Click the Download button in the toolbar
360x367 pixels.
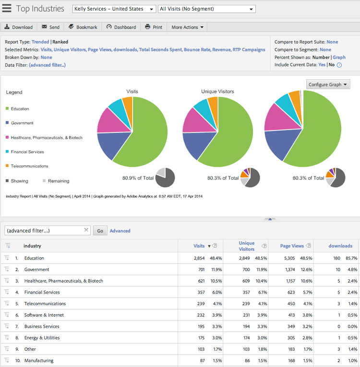18,27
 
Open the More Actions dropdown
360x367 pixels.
187,27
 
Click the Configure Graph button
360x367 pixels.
328,84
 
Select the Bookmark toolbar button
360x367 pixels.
83,27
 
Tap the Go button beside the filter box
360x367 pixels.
100,231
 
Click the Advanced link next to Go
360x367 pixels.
120,231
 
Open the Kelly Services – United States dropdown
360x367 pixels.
114,9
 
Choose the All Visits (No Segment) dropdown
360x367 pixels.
206,9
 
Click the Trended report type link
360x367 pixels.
40,42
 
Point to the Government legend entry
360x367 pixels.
22,123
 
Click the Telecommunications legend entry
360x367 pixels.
29,166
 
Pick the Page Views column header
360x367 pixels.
292,246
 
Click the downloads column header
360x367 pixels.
340,246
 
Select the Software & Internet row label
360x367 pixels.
44,315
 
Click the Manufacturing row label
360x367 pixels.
39,361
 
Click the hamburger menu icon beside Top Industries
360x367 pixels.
7,9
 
